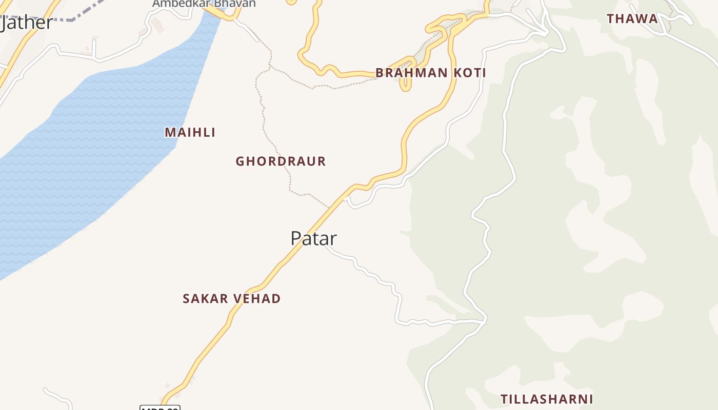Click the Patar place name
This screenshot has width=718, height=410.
pyautogui.click(x=313, y=238)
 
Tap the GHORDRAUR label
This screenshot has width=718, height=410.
pyautogui.click(x=281, y=161)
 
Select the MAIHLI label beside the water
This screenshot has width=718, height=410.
pyautogui.click(x=190, y=132)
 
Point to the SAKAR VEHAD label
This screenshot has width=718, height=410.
pyautogui.click(x=231, y=299)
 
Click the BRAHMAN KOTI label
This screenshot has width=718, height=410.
pyautogui.click(x=430, y=73)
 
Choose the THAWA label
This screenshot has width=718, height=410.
pyautogui.click(x=632, y=19)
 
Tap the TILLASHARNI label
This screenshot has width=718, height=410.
pyautogui.click(x=547, y=399)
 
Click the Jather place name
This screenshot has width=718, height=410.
pyautogui.click(x=27, y=23)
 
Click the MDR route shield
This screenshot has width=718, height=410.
pyautogui.click(x=160, y=408)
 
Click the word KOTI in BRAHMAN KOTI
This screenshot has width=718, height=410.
pyautogui.click(x=469, y=73)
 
